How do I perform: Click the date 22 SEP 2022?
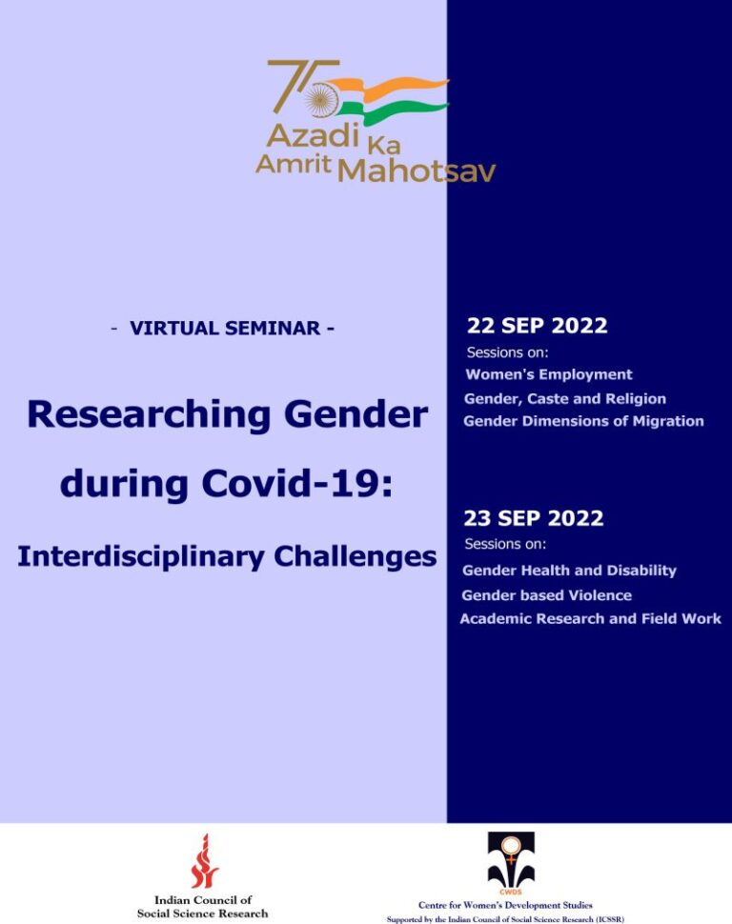pyautogui.click(x=537, y=326)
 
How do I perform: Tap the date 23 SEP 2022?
pyautogui.click(x=533, y=518)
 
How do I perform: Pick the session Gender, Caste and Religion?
pyautogui.click(x=564, y=398)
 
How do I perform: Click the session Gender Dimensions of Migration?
pyautogui.click(x=583, y=421)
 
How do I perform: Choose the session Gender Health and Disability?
pyautogui.click(x=569, y=571)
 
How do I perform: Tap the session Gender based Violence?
pyautogui.click(x=546, y=595)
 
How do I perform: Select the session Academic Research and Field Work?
pyautogui.click(x=590, y=619)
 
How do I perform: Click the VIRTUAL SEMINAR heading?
pyautogui.click(x=222, y=329)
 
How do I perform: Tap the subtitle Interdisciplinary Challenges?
pyautogui.click(x=227, y=556)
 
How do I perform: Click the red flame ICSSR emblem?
pyautogui.click(x=203, y=861)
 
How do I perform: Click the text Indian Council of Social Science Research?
pyautogui.click(x=203, y=906)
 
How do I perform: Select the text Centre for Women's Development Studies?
pyautogui.click(x=505, y=905)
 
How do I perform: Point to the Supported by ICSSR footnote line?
pyautogui.click(x=505, y=919)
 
